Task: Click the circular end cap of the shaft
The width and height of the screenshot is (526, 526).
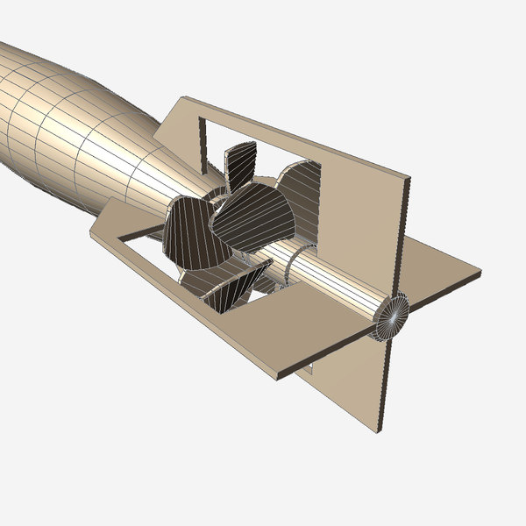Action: point(392,316)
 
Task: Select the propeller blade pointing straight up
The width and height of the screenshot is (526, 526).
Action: point(239,164)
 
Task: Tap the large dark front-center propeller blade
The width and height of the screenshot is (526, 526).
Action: point(254,216)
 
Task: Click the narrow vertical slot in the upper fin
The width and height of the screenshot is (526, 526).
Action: point(203,140)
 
